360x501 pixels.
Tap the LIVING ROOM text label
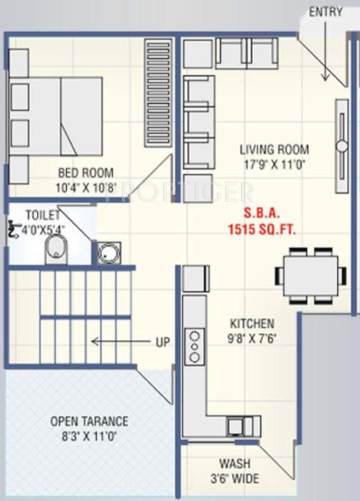tap(274, 150)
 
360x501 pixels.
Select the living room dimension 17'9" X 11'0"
tap(274, 163)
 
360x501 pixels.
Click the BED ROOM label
tap(85, 173)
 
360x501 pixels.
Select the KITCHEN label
tap(251, 323)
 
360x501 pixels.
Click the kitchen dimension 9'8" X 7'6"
tap(251, 337)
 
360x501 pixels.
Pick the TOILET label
tap(42, 214)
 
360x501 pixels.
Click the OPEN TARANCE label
tap(89, 421)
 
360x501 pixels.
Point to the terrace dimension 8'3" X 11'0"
tap(89, 435)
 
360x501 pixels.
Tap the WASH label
tap(234, 464)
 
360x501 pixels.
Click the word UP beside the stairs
tap(162, 342)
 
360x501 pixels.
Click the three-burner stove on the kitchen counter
tap(194, 348)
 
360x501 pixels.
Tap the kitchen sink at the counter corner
tap(234, 425)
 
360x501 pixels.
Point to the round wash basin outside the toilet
tap(109, 253)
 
